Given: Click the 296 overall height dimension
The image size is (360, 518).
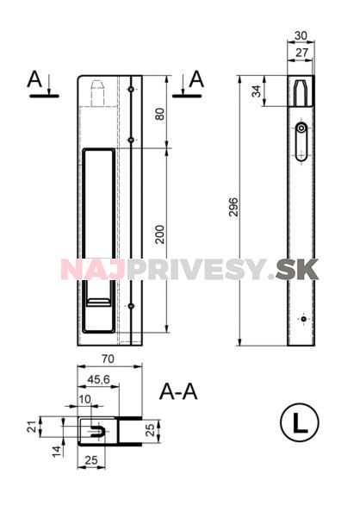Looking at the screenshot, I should coord(233,209).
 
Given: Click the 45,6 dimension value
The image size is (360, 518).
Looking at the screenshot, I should coord(98,378).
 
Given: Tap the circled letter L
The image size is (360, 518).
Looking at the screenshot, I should coord(299,423).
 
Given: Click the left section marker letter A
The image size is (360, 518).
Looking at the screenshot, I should coord(35,79).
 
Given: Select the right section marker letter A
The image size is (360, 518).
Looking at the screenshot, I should coord(197,79).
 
